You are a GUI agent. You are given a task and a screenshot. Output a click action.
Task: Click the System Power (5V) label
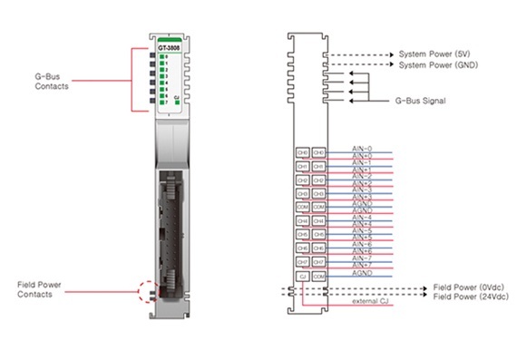tap(435, 54)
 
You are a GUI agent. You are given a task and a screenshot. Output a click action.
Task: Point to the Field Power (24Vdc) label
tap(469, 297)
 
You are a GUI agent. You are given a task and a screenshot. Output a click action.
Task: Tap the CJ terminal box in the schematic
tap(303, 275)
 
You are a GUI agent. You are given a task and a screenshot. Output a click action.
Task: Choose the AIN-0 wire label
tap(361, 148)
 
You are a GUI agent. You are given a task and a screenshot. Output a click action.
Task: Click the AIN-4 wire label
tap(361, 217)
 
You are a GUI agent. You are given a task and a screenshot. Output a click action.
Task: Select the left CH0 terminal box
tap(303, 153)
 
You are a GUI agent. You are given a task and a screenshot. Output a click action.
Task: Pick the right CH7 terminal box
tap(319, 261)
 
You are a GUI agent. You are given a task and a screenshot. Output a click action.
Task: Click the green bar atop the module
tap(168, 39)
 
